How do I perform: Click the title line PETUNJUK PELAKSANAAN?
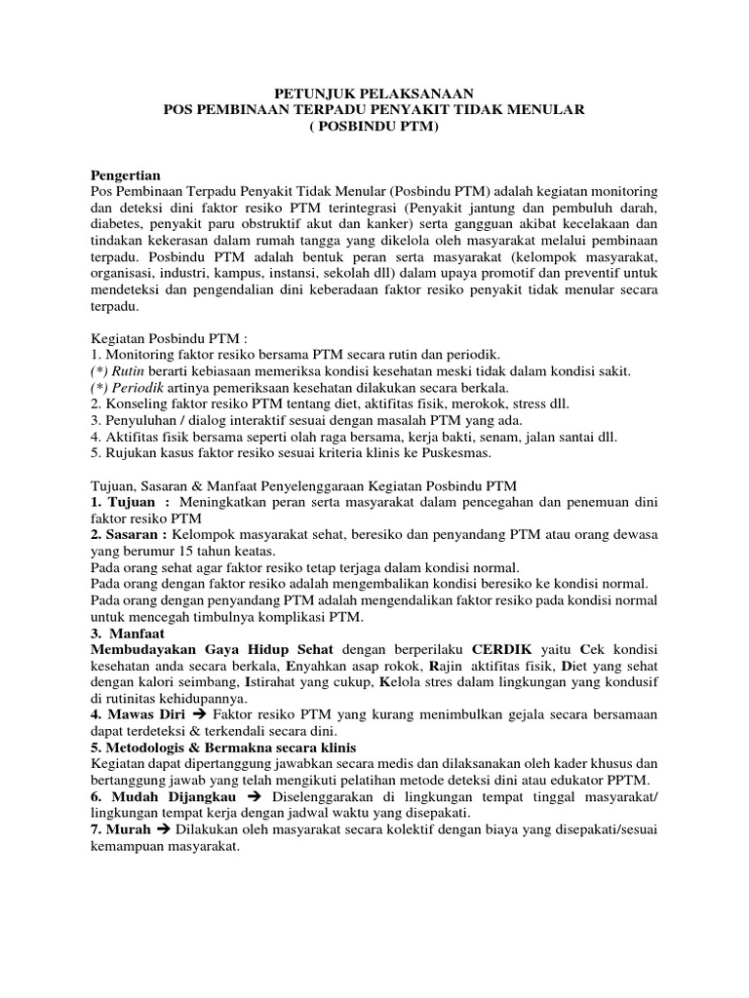tap(374, 94)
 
